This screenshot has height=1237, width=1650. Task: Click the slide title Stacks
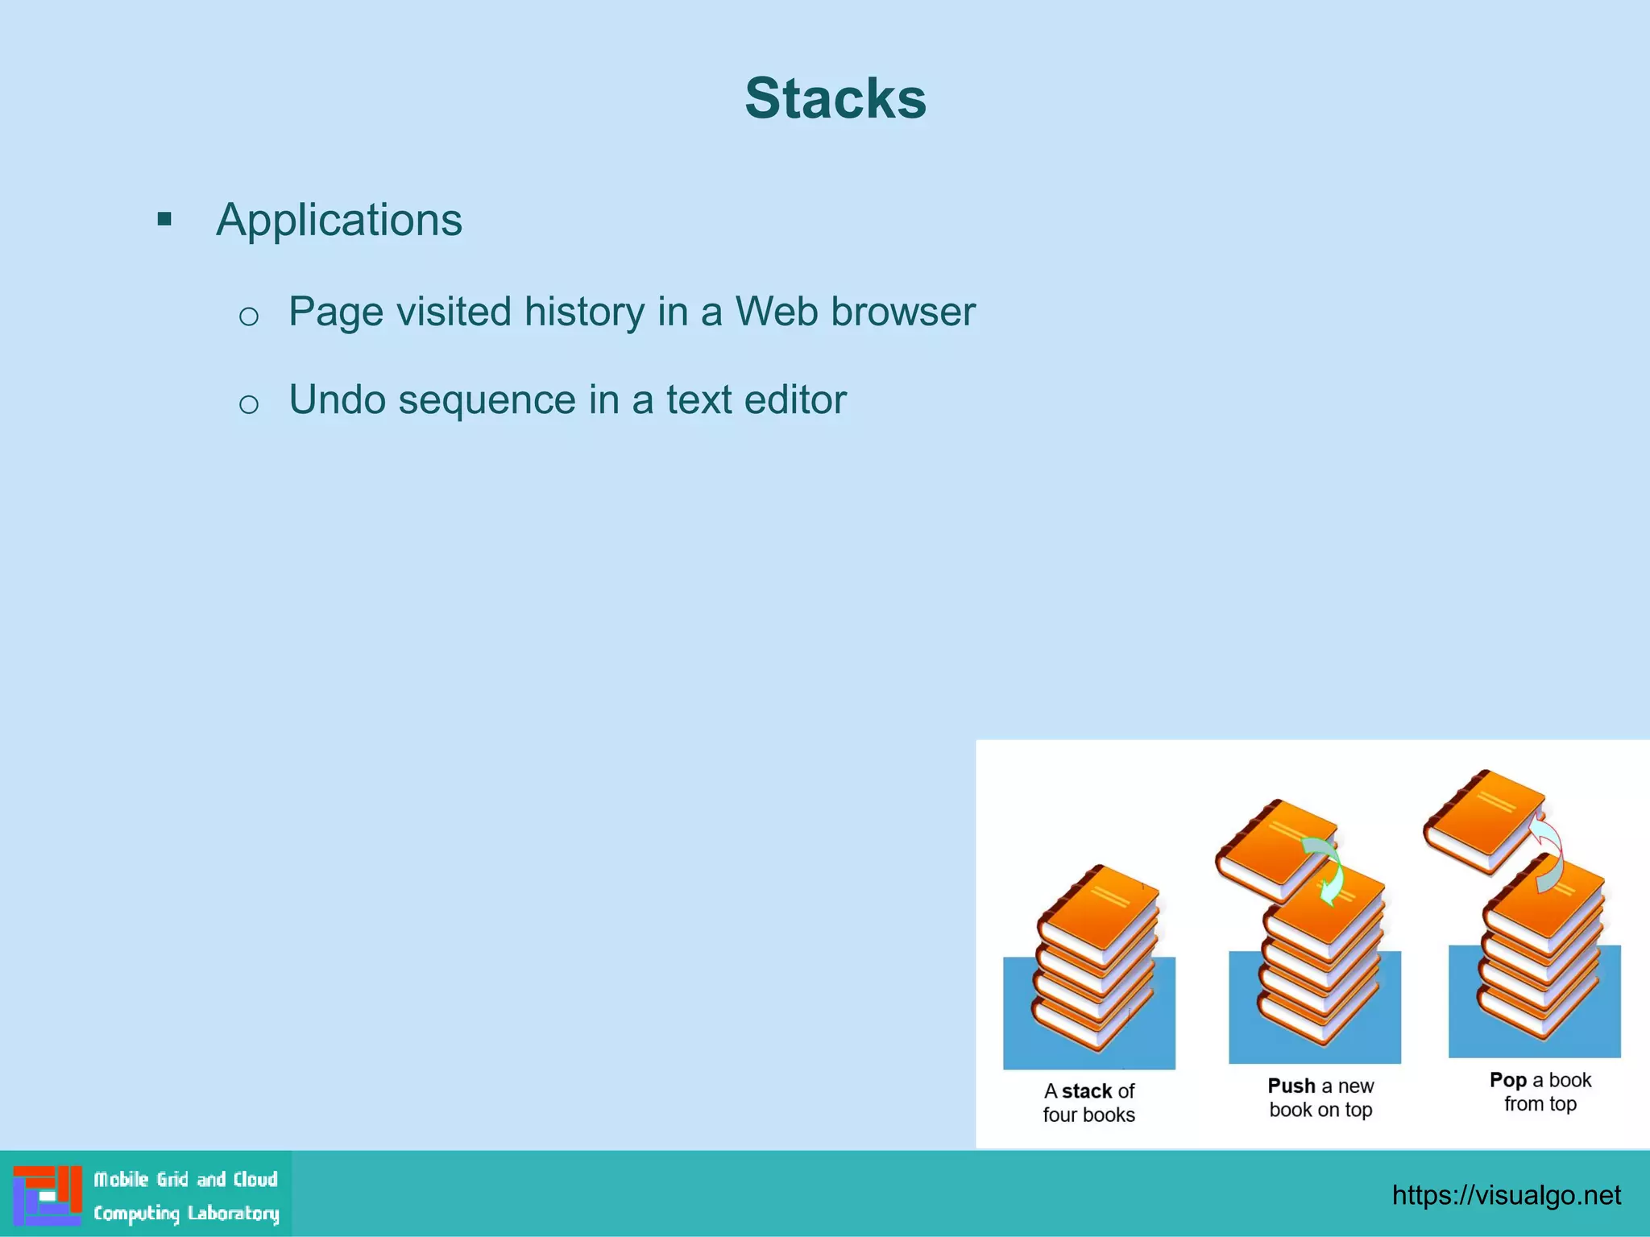point(835,98)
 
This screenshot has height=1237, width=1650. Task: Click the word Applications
point(339,220)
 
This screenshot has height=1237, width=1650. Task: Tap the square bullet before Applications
point(165,219)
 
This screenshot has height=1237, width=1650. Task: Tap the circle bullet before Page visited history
point(249,316)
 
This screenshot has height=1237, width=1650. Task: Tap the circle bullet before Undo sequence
point(249,403)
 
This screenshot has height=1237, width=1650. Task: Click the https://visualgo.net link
point(1506,1195)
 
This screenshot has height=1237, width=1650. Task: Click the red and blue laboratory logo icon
point(48,1195)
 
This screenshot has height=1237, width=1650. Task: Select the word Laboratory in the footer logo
point(234,1214)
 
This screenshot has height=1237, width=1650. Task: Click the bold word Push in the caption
point(1291,1086)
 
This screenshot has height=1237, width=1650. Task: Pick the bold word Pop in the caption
point(1507,1080)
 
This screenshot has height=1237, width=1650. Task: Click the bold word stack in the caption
point(1086,1091)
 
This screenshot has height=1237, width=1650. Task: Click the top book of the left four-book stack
point(1100,914)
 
